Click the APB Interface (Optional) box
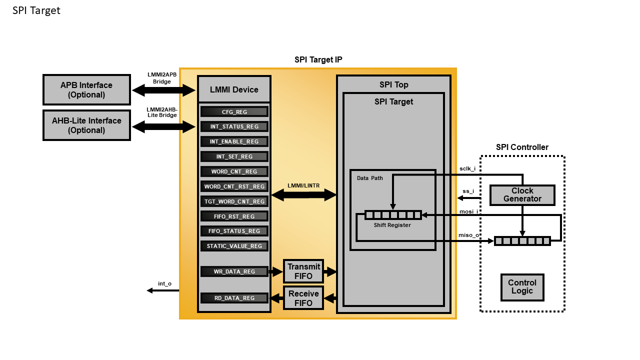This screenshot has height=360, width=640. tap(86, 90)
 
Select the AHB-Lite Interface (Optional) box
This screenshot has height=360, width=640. tap(86, 125)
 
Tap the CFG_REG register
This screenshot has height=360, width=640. tap(234, 112)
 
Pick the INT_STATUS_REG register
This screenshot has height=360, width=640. tap(234, 127)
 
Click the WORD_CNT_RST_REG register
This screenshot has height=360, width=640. tap(234, 186)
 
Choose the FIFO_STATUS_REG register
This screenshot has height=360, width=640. tap(234, 231)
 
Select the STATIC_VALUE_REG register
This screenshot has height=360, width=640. tap(234, 246)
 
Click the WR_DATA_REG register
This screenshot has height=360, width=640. tap(234, 272)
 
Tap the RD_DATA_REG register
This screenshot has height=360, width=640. tap(234, 298)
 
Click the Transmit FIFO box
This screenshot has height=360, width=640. tap(303, 271)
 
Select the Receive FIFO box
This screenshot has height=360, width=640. tap(303, 298)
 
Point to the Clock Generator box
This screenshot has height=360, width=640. tap(522, 195)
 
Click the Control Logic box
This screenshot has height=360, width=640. tap(522, 287)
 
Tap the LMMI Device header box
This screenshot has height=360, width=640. tap(234, 89)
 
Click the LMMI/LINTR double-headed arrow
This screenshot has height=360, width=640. tap(303, 195)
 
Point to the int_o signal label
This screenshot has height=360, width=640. tap(164, 283)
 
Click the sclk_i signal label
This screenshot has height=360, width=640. tap(467, 169)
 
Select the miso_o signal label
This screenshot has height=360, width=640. tap(467, 235)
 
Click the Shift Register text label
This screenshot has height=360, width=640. tap(392, 225)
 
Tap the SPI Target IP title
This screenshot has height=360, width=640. tap(318, 60)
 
